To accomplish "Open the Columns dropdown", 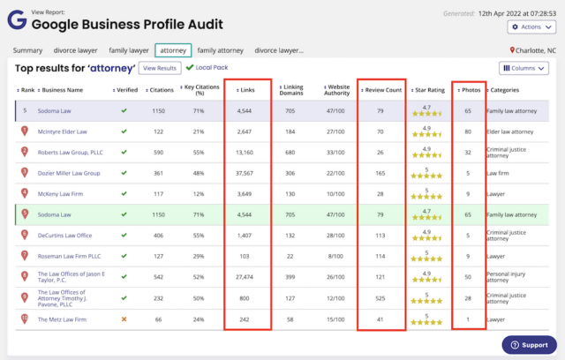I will pyautogui.click(x=524, y=68).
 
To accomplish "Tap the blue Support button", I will pyautogui.click(x=529, y=345).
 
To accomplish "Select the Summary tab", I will pyautogui.click(x=28, y=50).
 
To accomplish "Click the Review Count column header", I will pyautogui.click(x=382, y=89).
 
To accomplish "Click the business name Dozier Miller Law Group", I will pyautogui.click(x=68, y=172).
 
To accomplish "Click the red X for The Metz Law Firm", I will pyautogui.click(x=124, y=319).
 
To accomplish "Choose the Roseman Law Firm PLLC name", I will pyautogui.click(x=68, y=256).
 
